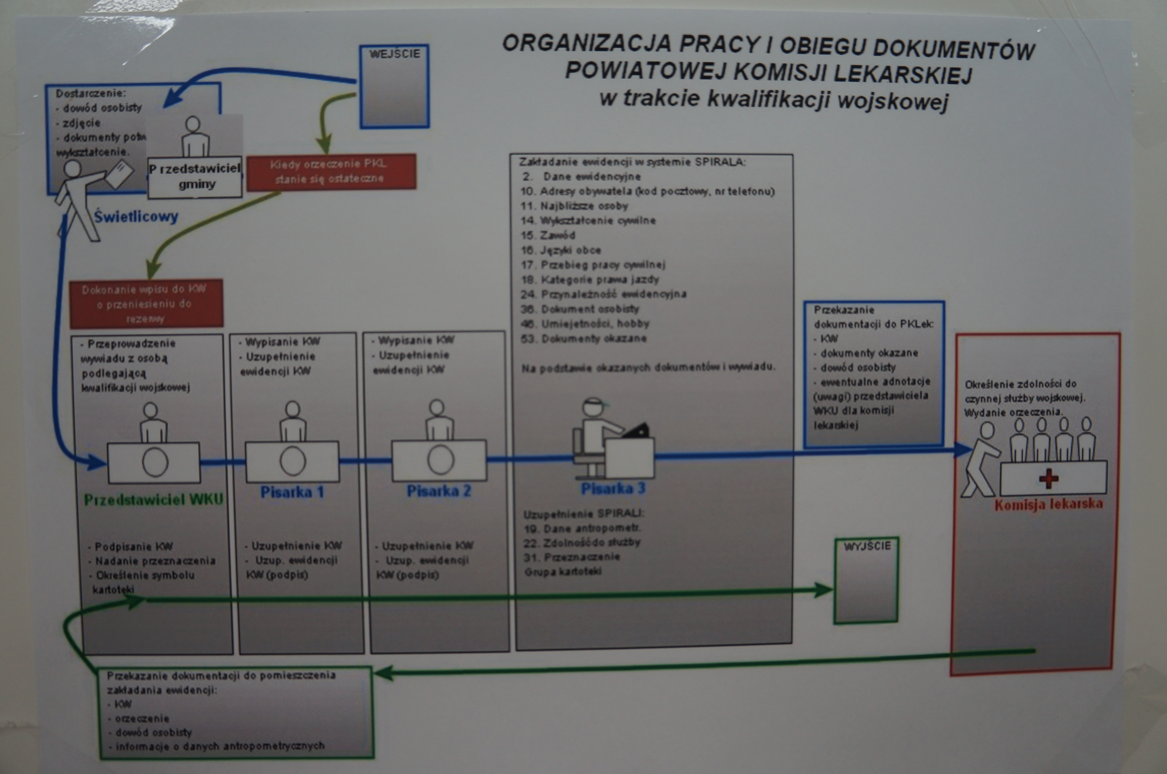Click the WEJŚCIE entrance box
[394, 86]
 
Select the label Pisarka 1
[292, 492]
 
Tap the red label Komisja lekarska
[1048, 504]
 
